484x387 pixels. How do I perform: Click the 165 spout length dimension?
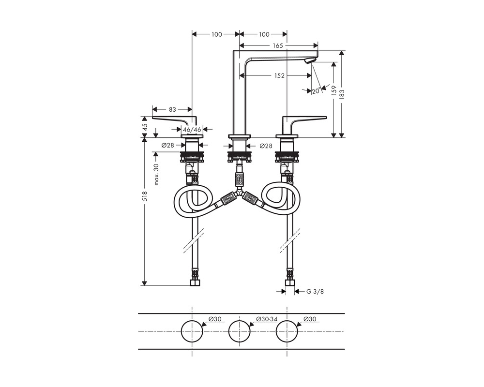(x=278, y=45)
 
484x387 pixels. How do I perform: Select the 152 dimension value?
(x=279, y=75)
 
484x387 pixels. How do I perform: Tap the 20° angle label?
(x=317, y=91)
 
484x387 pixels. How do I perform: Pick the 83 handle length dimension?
(x=172, y=109)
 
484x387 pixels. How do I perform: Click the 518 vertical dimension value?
(x=145, y=196)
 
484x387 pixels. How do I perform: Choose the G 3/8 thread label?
(x=315, y=291)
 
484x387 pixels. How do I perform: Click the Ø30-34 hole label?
(x=267, y=319)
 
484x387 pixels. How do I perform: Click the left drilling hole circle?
(x=192, y=320)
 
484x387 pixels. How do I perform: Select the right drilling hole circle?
(x=287, y=320)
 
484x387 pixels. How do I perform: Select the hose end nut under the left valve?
(x=195, y=283)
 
